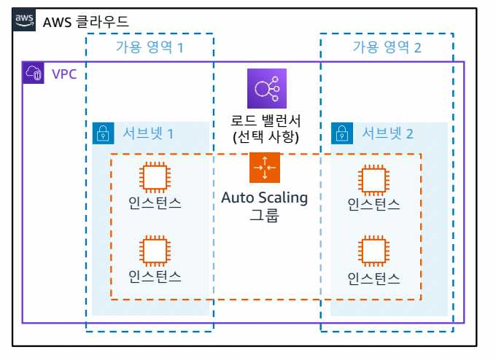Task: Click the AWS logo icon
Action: click(x=25, y=20)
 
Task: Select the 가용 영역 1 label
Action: click(x=150, y=47)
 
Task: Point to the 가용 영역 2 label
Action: click(x=387, y=47)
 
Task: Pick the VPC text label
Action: click(x=64, y=74)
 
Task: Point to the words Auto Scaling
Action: click(x=265, y=197)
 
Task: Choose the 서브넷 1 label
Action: click(x=148, y=133)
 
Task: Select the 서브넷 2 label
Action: click(x=387, y=133)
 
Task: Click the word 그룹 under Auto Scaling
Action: click(x=265, y=216)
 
